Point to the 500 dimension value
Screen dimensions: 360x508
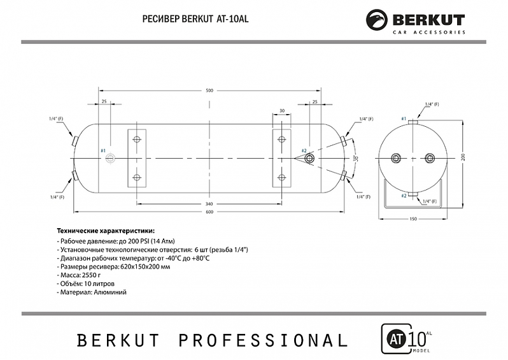point(209,90)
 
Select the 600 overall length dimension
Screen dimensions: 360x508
point(209,212)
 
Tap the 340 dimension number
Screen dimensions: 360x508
point(209,204)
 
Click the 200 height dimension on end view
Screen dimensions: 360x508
point(463,157)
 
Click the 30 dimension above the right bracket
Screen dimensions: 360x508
point(281,111)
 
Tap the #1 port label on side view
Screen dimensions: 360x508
point(104,150)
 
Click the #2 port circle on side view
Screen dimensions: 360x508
point(309,157)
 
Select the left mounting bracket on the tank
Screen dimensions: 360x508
point(136,158)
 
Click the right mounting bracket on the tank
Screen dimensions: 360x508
point(281,158)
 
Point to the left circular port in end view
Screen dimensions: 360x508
point(395,157)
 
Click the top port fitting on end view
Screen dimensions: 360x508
point(413,120)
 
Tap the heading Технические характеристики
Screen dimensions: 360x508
point(106,231)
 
